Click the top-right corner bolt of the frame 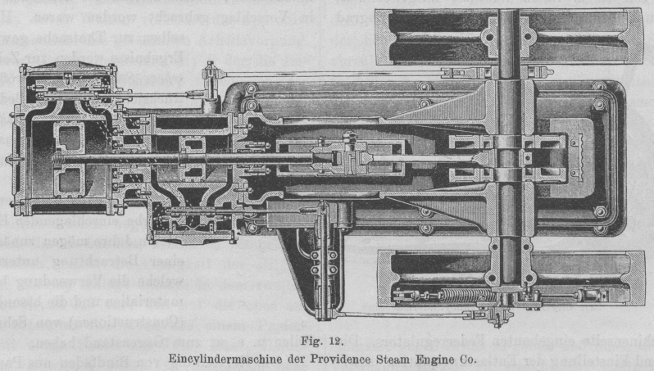(600, 105)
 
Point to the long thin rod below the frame (410, 314)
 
